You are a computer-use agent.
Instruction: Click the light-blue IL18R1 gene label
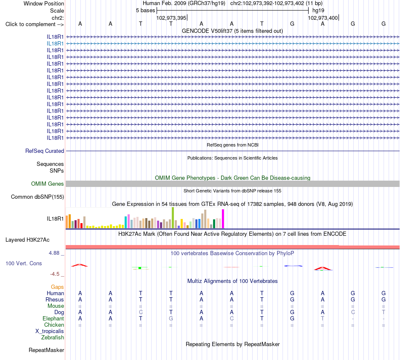point(55,44)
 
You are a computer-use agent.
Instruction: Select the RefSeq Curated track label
point(45,151)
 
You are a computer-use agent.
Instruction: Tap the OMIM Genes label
point(48,184)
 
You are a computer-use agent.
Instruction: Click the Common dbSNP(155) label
point(37,197)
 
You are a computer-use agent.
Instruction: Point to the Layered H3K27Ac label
point(27,240)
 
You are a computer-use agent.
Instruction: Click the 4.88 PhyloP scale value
point(54,253)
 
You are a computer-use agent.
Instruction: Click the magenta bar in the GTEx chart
point(223,219)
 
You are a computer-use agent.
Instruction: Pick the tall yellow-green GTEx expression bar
point(173,218)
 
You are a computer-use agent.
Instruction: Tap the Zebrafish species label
point(53,338)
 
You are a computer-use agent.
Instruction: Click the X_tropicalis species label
point(50,331)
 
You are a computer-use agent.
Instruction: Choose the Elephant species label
point(53,318)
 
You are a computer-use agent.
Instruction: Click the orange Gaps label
point(57,287)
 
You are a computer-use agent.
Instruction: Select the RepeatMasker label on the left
point(46,350)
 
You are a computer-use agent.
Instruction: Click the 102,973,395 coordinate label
point(171,18)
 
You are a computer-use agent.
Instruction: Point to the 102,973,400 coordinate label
point(323,18)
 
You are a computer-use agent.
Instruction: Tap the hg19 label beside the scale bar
point(318,11)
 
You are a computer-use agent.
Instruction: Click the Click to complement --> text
point(35,24)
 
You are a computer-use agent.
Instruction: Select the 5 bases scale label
point(145,11)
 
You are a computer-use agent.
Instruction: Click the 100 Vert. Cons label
point(24,263)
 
